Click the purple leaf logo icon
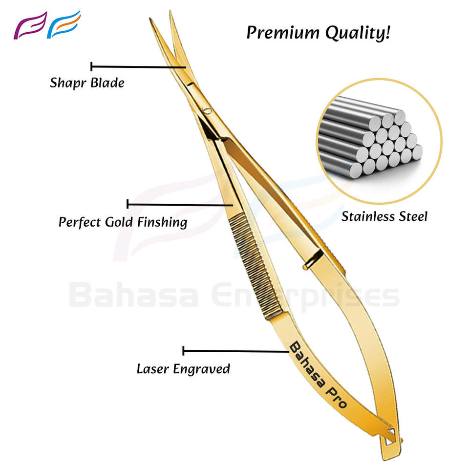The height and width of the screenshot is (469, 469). tap(30, 25)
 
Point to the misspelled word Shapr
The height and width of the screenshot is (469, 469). tap(67, 83)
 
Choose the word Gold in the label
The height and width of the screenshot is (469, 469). tap(119, 222)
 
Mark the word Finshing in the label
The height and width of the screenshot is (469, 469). tap(162, 222)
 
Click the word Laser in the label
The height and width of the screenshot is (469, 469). tap(152, 368)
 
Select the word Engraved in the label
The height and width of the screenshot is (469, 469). tap(201, 369)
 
